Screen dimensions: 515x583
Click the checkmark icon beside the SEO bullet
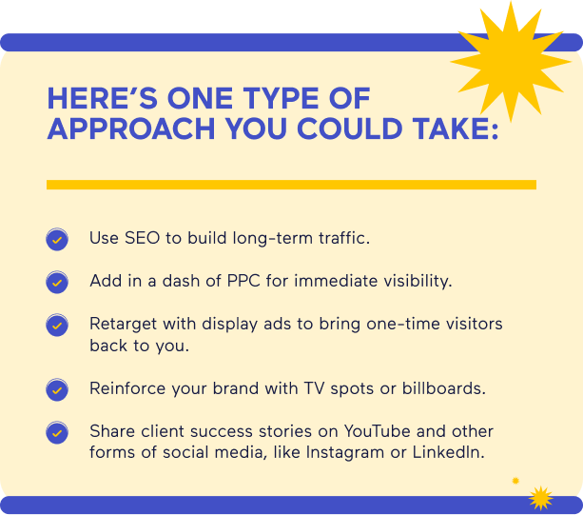coord(57,240)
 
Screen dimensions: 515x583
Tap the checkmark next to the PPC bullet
coord(57,283)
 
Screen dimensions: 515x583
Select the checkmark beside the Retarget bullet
coord(57,326)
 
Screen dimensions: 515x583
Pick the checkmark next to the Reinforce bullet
coord(57,389)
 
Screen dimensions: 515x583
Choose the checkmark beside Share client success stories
coord(57,433)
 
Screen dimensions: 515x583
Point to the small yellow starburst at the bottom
coord(540,496)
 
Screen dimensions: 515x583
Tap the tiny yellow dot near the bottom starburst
coord(515,481)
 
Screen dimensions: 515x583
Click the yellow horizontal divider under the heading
coord(291,185)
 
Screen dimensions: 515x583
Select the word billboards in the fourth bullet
coord(445,388)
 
